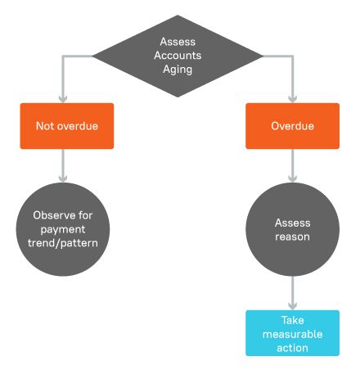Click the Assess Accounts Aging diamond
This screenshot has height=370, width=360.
[x=178, y=56]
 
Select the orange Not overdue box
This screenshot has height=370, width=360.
[x=66, y=126]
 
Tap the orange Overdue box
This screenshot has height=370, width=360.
[x=292, y=126]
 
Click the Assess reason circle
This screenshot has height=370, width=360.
[x=292, y=229]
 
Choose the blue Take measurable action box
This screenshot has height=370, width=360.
[x=292, y=333]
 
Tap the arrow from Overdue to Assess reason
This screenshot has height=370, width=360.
[x=292, y=168]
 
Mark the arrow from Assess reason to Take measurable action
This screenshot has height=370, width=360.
[x=292, y=293]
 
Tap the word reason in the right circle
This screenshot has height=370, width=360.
[x=292, y=237]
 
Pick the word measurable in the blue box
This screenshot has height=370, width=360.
[x=292, y=334]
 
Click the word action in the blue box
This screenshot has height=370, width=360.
[x=292, y=348]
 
